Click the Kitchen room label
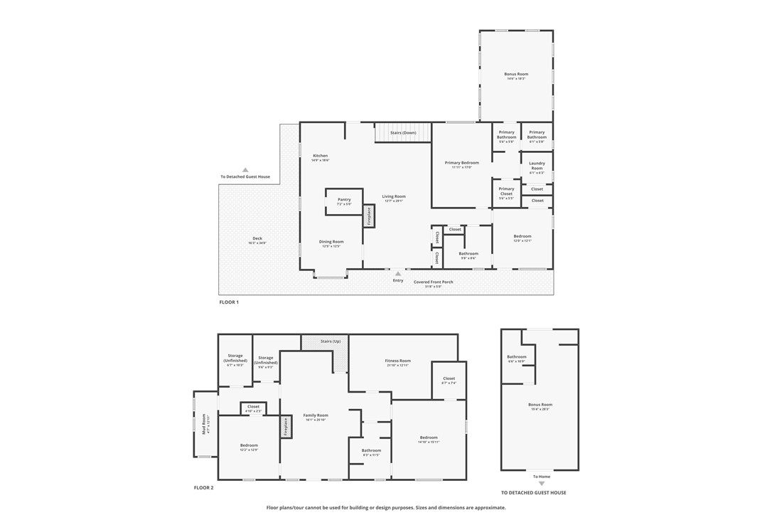320,156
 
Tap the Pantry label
344,200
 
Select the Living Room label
393,196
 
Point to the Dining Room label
331,242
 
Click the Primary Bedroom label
461,163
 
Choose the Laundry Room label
537,166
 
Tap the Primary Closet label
506,191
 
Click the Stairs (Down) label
403,133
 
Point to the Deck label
257,238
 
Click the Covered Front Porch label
433,282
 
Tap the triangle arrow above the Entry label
398,273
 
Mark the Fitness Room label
397,361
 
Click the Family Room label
316,415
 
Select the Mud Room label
203,424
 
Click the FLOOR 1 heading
229,302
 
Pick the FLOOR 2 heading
203,488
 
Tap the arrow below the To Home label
541,484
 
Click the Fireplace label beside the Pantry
369,216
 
